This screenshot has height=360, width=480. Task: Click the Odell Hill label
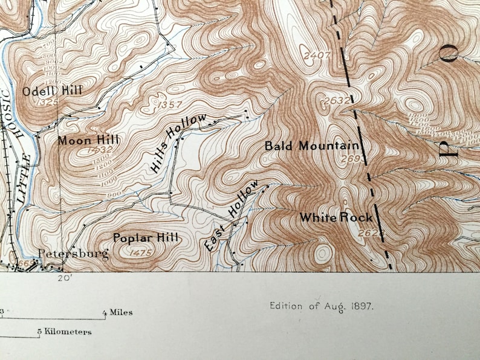click(53, 91)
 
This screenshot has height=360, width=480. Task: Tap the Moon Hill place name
click(88, 140)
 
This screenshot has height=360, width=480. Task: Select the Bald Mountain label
click(313, 146)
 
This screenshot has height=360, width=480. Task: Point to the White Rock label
click(336, 217)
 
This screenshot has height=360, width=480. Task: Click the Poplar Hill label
click(146, 238)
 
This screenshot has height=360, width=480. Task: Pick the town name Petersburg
click(74, 253)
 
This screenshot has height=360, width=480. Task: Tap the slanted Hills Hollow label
click(178, 143)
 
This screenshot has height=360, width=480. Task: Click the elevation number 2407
click(317, 56)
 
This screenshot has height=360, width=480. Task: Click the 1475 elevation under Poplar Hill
click(140, 252)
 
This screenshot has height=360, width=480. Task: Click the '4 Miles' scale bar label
click(117, 312)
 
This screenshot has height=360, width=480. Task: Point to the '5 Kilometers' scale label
click(64, 331)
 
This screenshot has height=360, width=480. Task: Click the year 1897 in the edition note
click(360, 306)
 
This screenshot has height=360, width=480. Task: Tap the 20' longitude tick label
click(65, 278)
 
